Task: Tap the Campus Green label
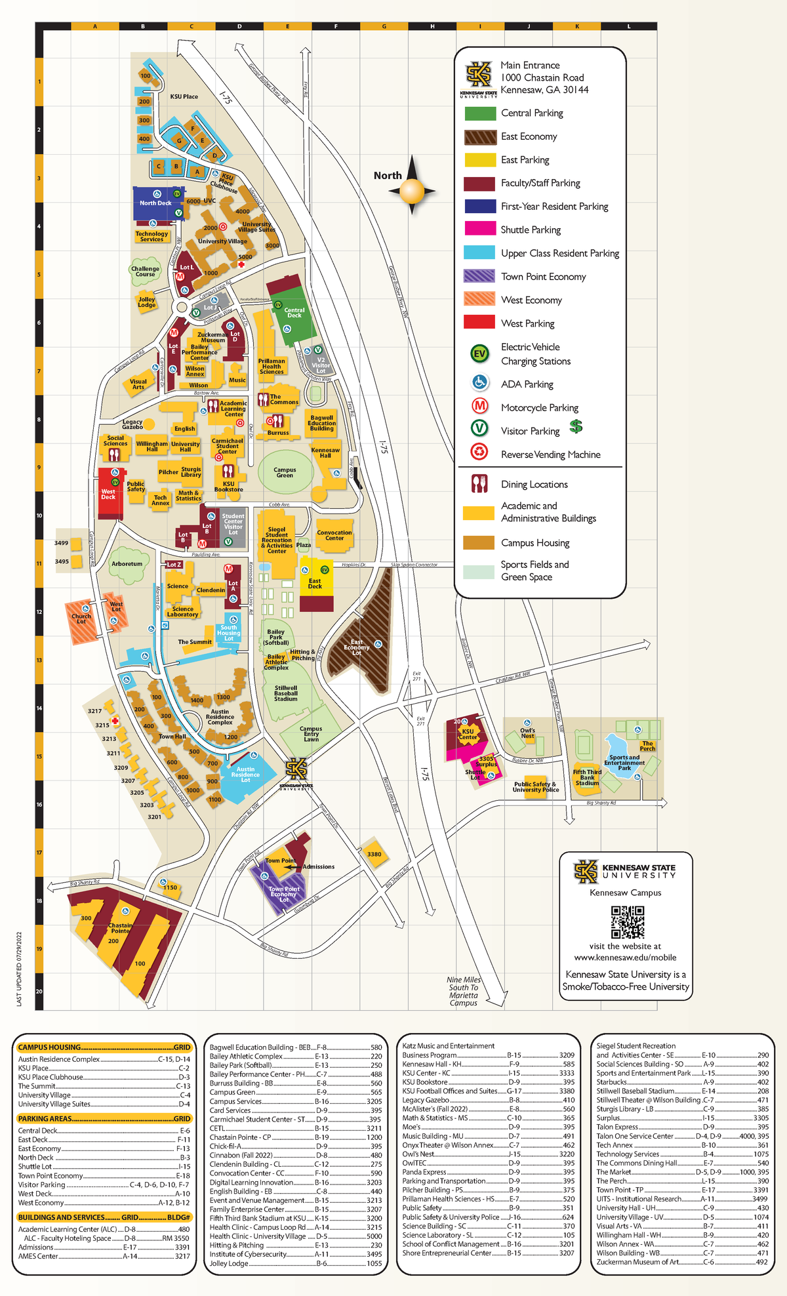tap(285, 472)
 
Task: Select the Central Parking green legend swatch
tap(480, 113)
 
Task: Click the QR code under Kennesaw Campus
tap(627, 922)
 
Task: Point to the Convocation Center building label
tap(334, 535)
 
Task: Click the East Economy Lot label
tap(357, 647)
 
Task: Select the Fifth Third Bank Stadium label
tap(587, 777)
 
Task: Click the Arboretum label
tap(127, 563)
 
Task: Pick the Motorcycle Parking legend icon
tap(480, 406)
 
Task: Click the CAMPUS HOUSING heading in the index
tap(50, 1047)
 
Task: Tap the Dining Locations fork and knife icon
tap(479, 484)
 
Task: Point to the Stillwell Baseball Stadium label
tap(286, 693)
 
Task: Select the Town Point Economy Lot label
tap(283, 894)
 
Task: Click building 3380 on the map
tap(374, 854)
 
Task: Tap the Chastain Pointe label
tap(120, 928)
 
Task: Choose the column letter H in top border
tap(432, 26)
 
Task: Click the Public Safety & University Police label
tap(535, 786)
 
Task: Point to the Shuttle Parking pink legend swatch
tap(480, 229)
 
